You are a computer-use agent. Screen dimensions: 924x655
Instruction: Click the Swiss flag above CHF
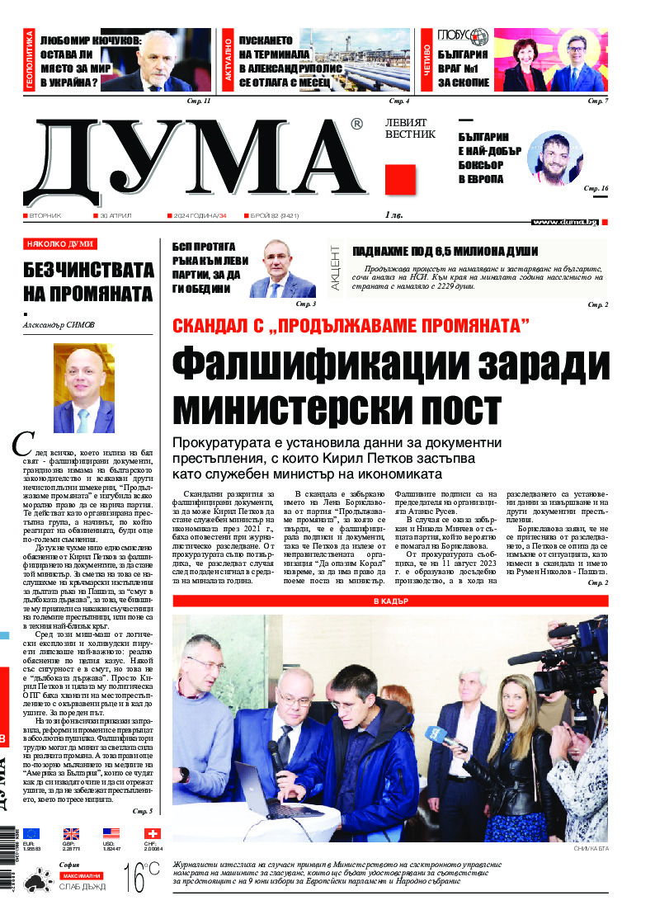[152, 834]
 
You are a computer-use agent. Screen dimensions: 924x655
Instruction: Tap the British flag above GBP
[71, 834]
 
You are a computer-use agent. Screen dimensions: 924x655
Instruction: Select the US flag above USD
[111, 834]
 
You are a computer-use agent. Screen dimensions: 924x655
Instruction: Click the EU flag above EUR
[31, 834]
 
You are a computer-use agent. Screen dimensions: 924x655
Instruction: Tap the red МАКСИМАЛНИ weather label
[80, 874]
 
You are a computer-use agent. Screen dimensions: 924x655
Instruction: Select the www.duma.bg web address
[565, 222]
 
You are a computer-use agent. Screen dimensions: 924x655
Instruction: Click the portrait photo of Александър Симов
[83, 388]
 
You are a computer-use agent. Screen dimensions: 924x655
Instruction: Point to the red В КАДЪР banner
[390, 601]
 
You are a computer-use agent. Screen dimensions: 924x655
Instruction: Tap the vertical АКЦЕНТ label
[336, 266]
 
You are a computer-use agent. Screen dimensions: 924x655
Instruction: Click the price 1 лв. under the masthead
[395, 215]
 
